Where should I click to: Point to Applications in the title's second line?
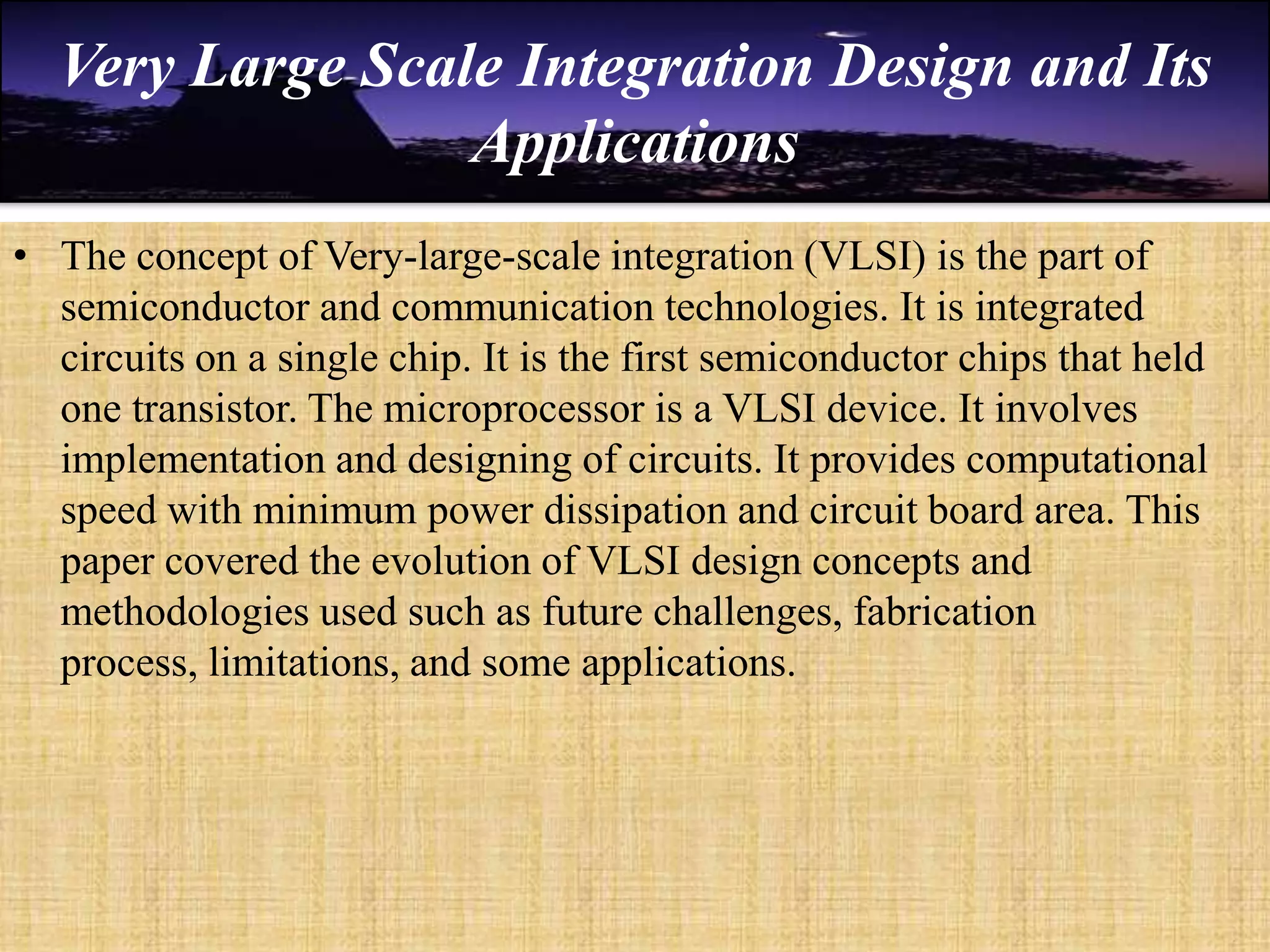point(634,143)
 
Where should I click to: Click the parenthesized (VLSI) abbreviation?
point(866,256)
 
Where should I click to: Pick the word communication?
point(522,307)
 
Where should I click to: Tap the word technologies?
point(773,307)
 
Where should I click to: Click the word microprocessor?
point(514,410)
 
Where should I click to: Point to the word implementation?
point(193,460)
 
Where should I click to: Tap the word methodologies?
point(185,612)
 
